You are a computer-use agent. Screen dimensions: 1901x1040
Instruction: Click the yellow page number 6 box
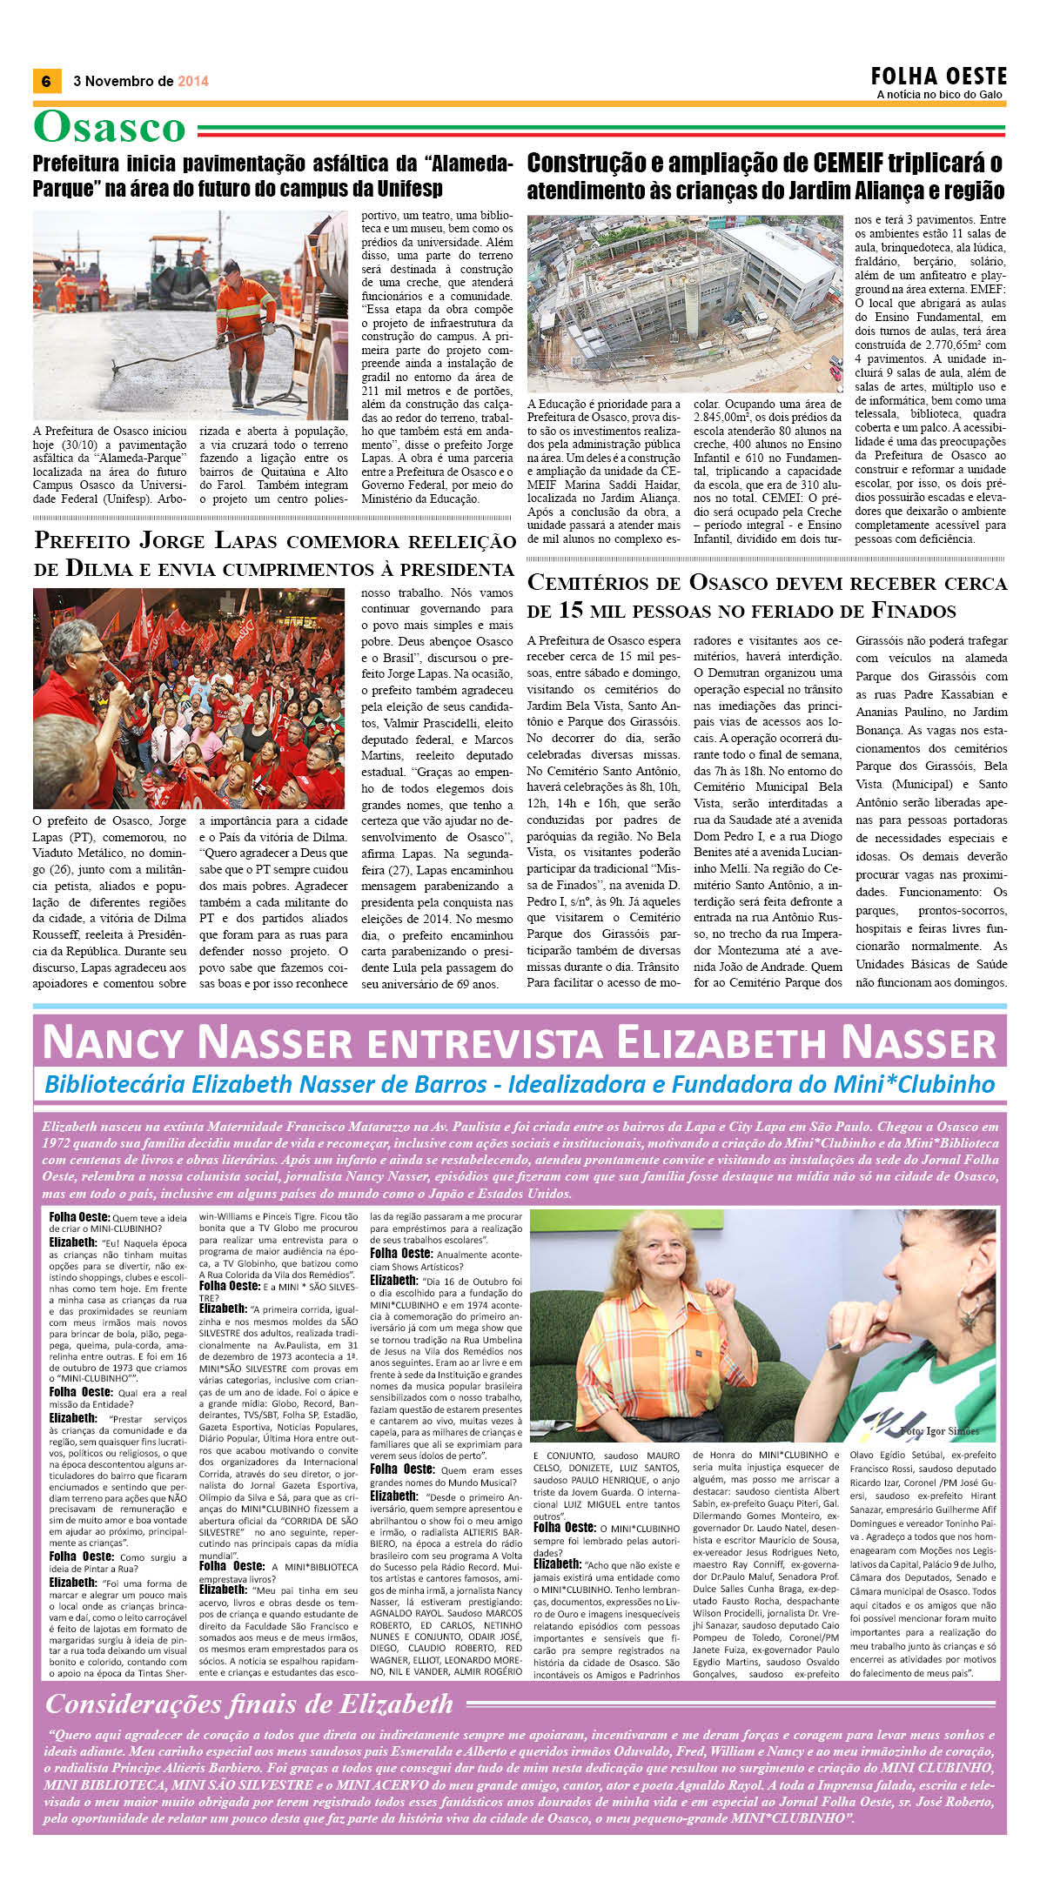[46, 81]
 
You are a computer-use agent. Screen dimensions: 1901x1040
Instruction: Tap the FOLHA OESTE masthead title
[939, 76]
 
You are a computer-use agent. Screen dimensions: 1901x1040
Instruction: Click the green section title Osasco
[110, 128]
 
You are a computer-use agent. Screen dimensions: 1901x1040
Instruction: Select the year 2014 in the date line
[193, 81]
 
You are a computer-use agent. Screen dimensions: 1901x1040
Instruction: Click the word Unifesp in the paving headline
[410, 188]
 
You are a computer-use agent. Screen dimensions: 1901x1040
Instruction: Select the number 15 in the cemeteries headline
[570, 610]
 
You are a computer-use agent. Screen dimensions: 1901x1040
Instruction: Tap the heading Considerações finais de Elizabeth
[250, 1704]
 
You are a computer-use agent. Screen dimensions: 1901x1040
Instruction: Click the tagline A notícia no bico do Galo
[939, 95]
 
